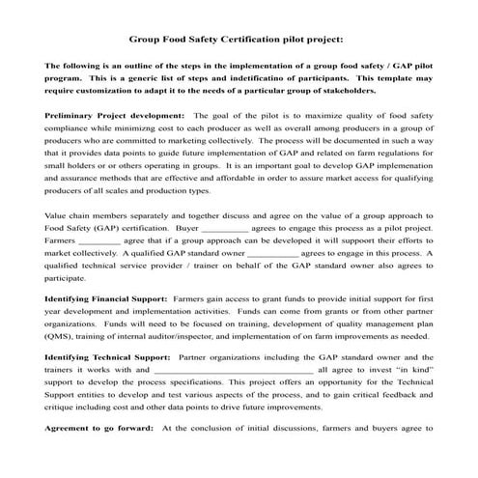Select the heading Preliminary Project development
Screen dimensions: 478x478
[x=103, y=115]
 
